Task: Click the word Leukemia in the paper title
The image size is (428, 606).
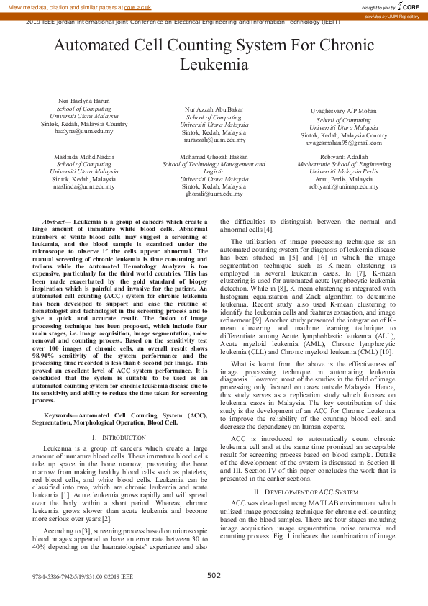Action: pos(214,65)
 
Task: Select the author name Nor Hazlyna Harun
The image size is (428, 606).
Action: pos(84,101)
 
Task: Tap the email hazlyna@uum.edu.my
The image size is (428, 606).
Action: pos(84,131)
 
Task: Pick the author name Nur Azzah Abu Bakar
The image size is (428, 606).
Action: pos(214,109)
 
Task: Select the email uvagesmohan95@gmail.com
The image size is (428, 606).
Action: pos(343,143)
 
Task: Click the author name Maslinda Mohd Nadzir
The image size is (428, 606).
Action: pos(84,156)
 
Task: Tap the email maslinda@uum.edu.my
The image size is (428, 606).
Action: pos(84,186)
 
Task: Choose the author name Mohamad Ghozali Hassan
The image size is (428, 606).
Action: pos(214,156)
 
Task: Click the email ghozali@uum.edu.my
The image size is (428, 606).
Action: pos(214,194)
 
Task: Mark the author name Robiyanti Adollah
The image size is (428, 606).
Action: pos(343,156)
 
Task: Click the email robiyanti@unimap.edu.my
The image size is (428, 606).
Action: pos(343,186)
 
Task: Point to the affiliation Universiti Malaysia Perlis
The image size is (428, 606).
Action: pos(343,171)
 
